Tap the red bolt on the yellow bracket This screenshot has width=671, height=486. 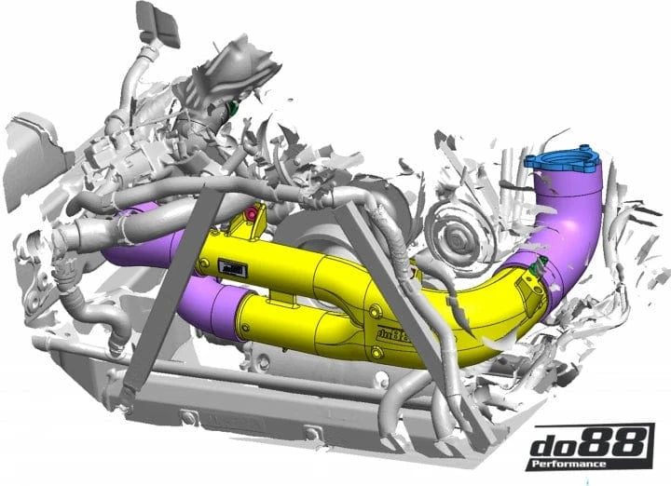pyautogui.click(x=250, y=218)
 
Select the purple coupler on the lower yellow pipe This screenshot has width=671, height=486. pyautogui.click(x=213, y=311)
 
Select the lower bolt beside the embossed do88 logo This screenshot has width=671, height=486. pyautogui.click(x=377, y=350)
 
